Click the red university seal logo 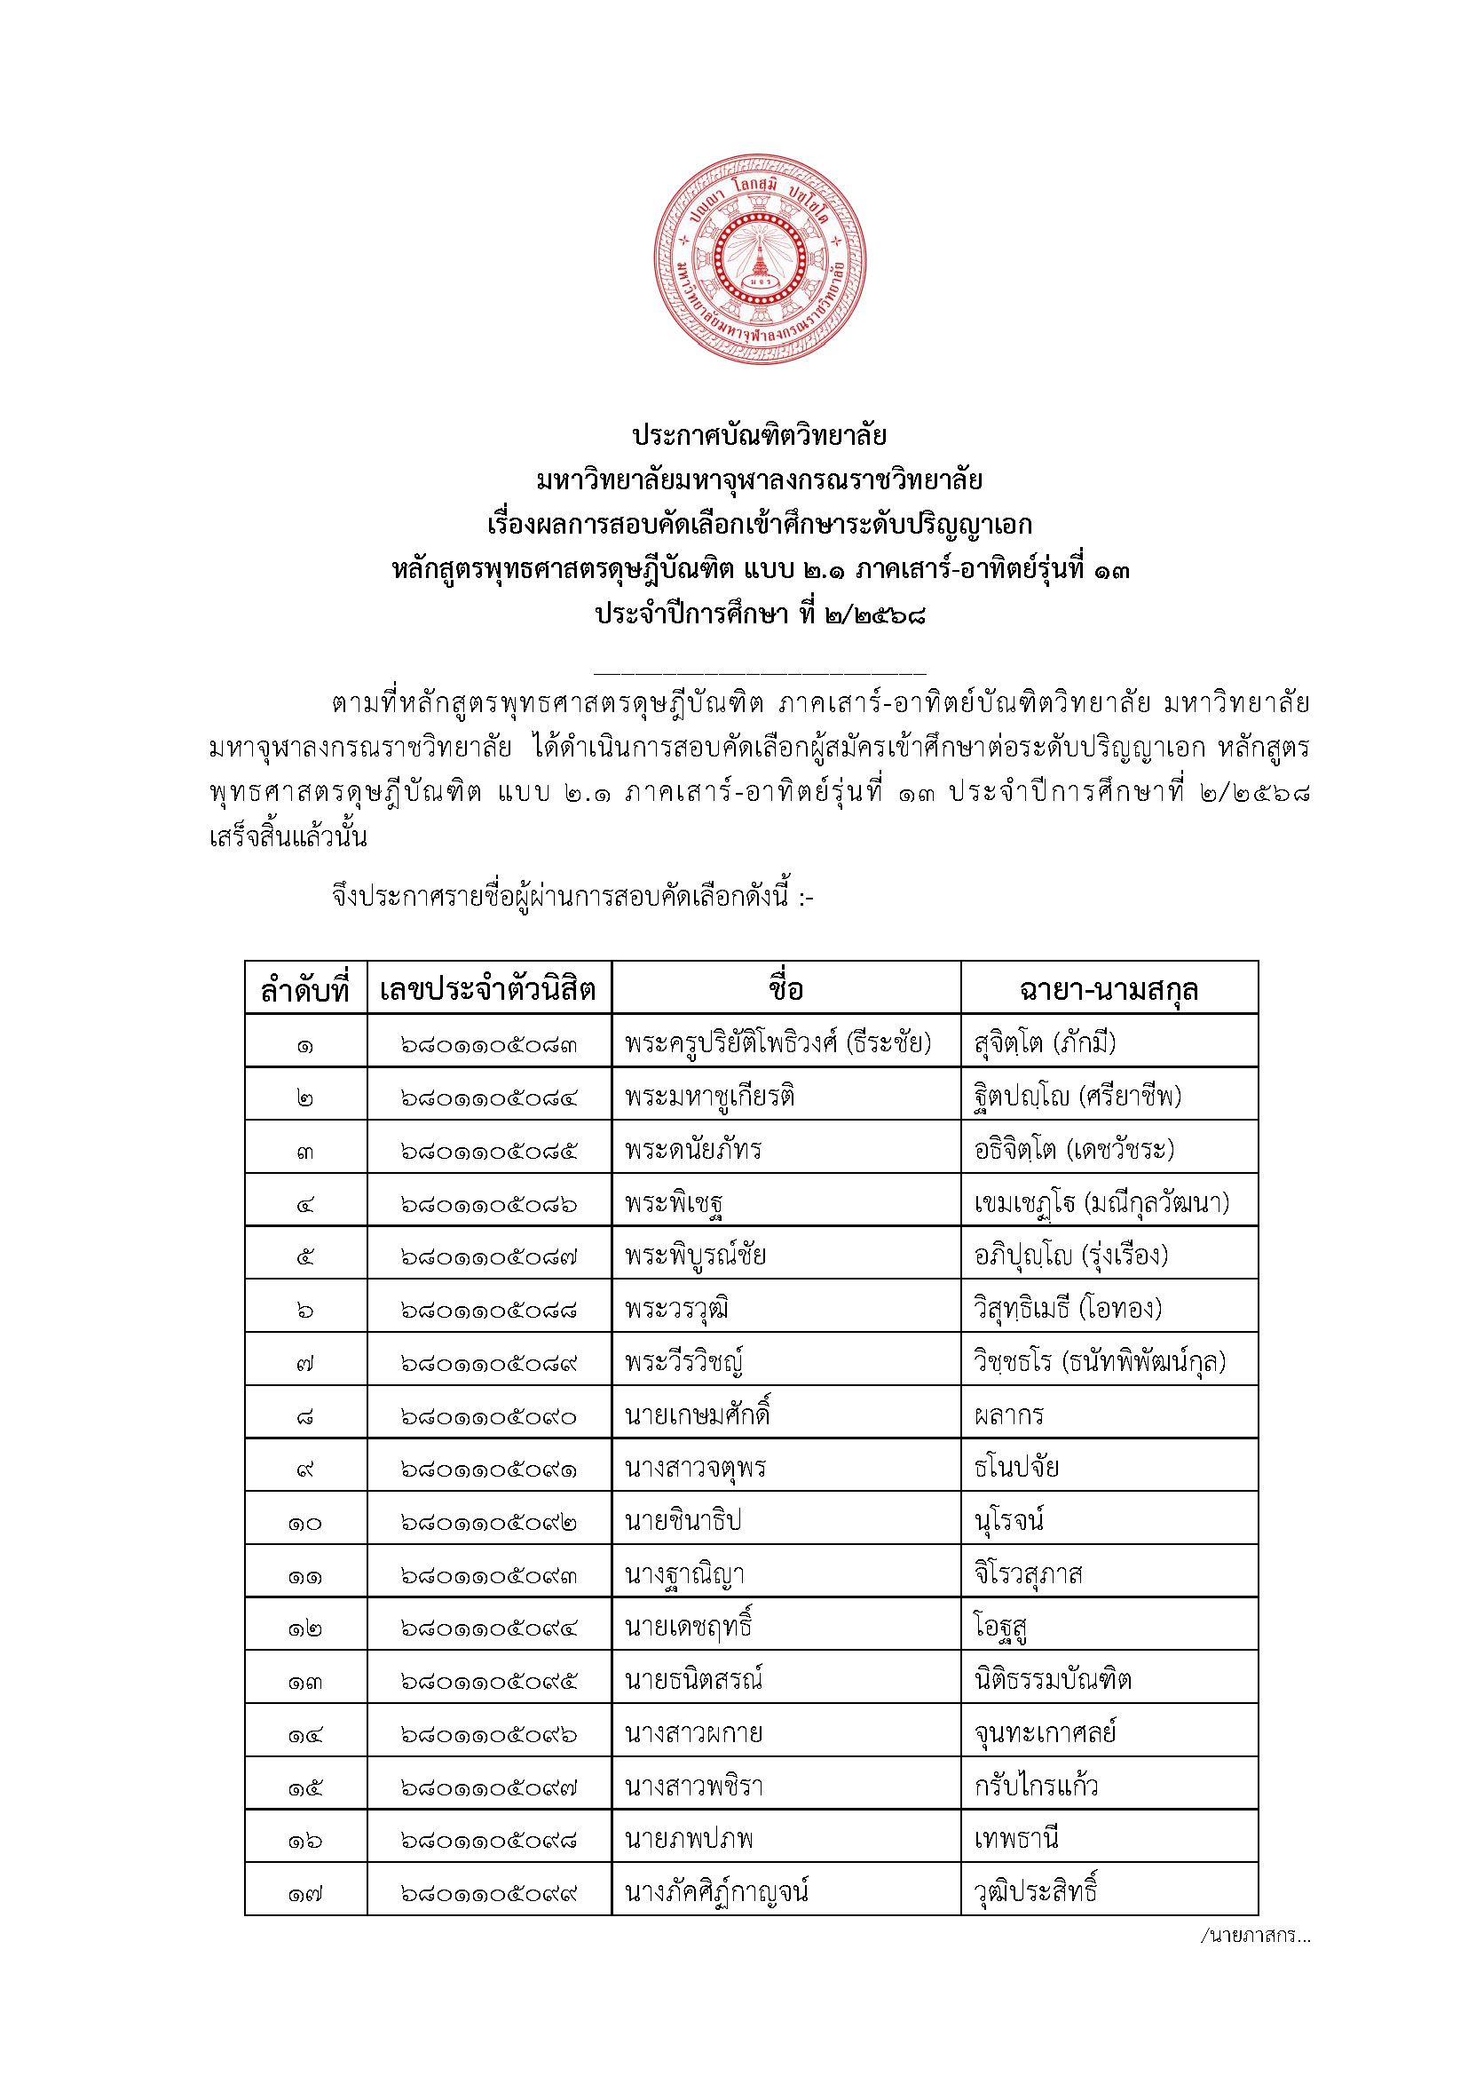point(761,259)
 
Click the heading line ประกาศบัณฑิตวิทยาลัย point(760,436)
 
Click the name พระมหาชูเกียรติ point(710,1097)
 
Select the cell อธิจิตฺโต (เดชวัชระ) point(1074,1150)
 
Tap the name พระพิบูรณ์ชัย point(695,1256)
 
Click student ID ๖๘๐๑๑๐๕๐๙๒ point(488,1523)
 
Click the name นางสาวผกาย point(693,1733)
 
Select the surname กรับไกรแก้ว point(1036,1787)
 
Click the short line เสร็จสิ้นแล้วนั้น point(288,837)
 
